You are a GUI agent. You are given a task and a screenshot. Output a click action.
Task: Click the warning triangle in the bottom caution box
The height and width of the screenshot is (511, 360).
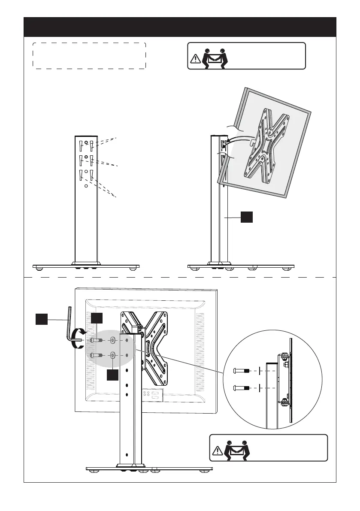(218, 451)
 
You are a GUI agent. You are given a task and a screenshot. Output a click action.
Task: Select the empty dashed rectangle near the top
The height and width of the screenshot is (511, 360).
(89, 55)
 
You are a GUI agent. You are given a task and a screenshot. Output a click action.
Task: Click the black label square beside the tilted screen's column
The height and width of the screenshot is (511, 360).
(246, 218)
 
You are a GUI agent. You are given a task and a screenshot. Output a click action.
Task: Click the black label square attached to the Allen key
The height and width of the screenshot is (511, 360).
(42, 319)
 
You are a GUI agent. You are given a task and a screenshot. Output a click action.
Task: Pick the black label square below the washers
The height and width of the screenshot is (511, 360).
(112, 375)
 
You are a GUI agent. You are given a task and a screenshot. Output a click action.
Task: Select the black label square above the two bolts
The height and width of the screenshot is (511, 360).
(97, 318)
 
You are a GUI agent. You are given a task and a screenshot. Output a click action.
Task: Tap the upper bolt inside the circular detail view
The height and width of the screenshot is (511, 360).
(242, 370)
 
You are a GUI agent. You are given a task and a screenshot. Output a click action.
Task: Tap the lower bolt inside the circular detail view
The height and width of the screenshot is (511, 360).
(242, 388)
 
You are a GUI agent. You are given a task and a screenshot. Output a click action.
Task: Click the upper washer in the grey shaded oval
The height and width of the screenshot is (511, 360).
(112, 340)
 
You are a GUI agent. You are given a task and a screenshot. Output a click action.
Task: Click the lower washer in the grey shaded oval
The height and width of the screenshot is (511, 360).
(112, 355)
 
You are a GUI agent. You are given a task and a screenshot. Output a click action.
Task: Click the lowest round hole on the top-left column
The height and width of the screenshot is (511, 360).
(86, 186)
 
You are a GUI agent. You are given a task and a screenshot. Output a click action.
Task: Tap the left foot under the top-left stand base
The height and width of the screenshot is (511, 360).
(39, 269)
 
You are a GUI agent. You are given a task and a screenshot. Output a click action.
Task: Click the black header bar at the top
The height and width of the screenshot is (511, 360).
(180, 27)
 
